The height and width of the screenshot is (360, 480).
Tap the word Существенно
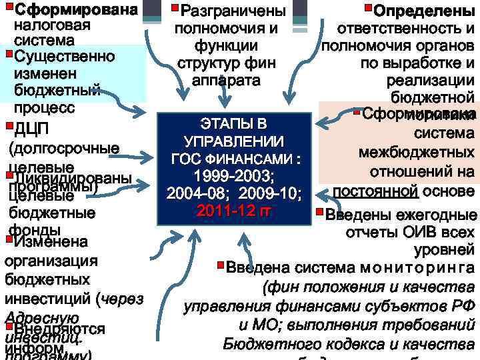tap(64, 55)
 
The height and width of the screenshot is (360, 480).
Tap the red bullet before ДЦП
tap(7, 124)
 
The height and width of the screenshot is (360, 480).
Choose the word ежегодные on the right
tap(437, 216)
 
